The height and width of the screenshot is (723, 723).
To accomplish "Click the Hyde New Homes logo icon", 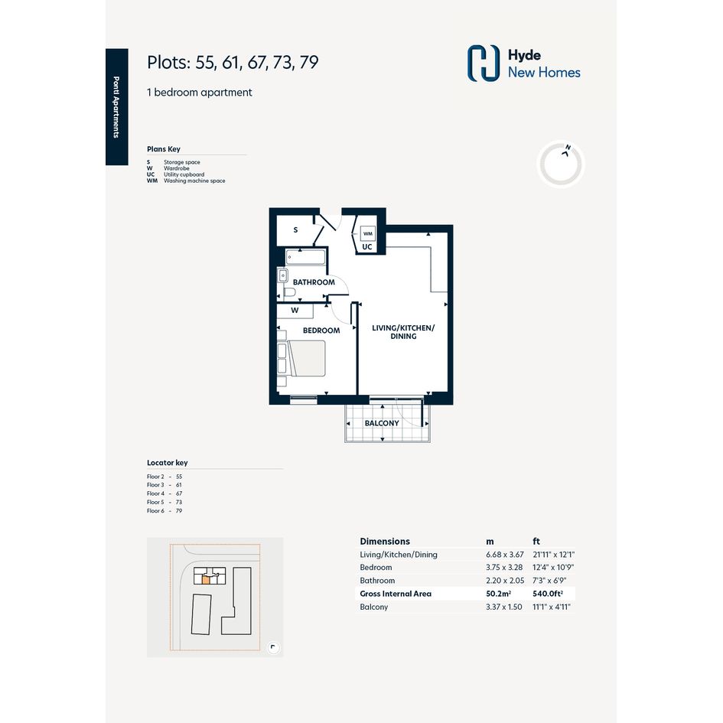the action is pos(484,64).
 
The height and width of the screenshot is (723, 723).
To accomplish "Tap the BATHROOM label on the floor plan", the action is pos(314,282).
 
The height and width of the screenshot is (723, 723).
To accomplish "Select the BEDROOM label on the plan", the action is pos(321,331).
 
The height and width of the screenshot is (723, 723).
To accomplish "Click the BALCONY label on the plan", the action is pos(382,423).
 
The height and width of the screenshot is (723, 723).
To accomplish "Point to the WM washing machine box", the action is pos(367,233).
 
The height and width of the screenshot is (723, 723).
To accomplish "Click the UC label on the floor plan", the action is pos(367,247).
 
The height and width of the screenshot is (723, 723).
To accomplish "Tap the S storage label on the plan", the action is pos(295,230).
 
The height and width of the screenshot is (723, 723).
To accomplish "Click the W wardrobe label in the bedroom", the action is pos(295,311).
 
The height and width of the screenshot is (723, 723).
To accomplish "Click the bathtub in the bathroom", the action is pos(305,257).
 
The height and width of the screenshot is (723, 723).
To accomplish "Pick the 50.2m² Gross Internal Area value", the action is pos(498,594).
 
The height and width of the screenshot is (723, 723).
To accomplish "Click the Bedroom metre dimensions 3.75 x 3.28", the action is pos(504,568).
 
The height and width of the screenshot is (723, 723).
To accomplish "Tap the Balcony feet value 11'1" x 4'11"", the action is pos(552,607).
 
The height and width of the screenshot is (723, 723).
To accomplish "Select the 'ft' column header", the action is pos(536,542).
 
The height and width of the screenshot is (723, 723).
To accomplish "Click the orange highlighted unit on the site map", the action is pos(206,580).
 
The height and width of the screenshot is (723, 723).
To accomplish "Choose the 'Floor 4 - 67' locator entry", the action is pos(164,493).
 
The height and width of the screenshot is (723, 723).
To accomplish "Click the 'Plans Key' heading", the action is pos(164,149).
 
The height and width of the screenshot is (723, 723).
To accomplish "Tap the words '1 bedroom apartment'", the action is pos(199,93).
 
